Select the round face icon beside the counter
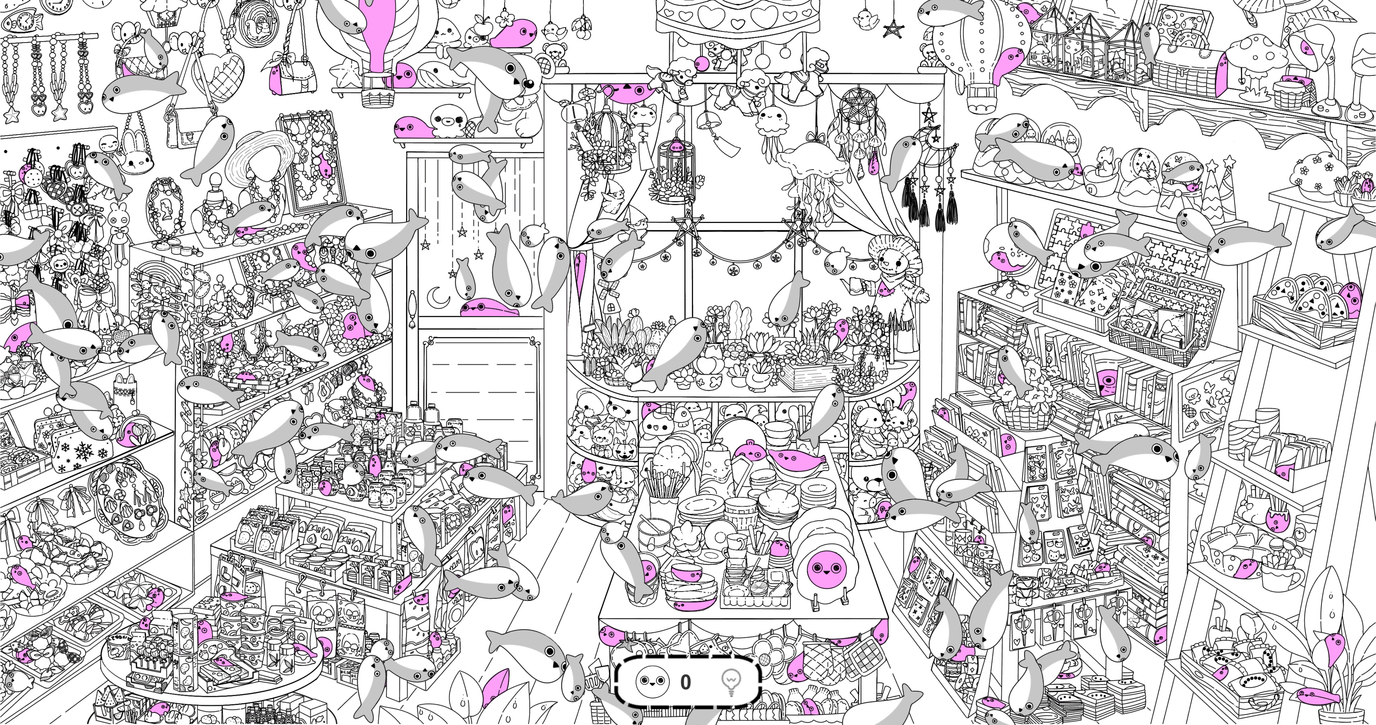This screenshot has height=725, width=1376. [x=652, y=682]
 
